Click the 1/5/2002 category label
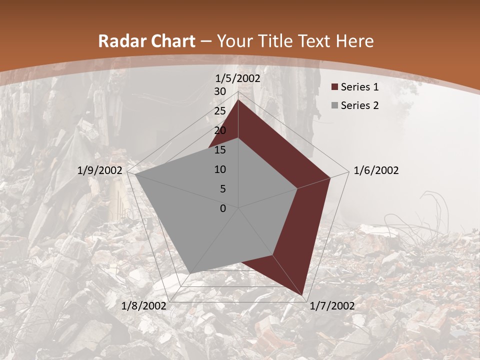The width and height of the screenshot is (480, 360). point(238,78)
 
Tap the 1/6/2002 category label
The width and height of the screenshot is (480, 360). point(376,170)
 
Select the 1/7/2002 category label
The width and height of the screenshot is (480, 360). point(332,306)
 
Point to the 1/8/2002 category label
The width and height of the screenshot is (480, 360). point(144,306)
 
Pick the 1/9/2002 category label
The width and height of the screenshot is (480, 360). point(100,170)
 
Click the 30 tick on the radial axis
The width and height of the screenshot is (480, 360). point(220,91)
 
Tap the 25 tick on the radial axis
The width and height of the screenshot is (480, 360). point(220,111)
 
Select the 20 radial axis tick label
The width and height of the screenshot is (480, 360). point(220,130)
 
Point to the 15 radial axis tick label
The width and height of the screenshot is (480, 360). point(220,150)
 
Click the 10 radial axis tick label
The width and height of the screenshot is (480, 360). point(220,169)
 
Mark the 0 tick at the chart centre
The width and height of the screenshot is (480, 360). point(223,208)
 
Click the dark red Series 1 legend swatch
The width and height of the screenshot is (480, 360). point(334,87)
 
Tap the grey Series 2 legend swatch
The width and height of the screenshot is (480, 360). point(334,105)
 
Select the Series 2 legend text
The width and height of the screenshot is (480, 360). point(359,105)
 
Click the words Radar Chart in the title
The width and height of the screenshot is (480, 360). point(147,41)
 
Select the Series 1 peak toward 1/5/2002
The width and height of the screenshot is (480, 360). point(238,100)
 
